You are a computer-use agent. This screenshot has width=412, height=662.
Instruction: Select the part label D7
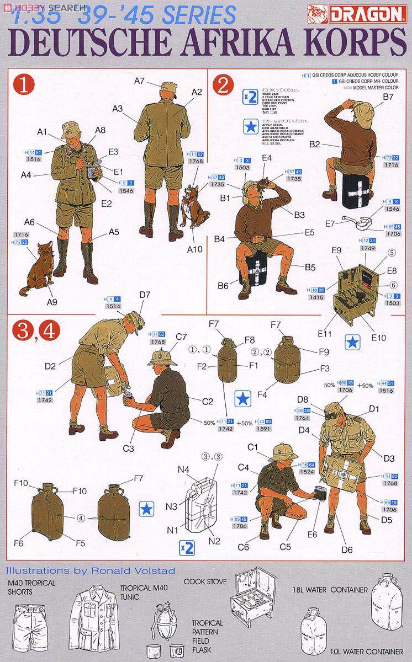click(145, 295)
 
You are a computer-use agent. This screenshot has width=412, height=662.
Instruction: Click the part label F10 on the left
click(21, 483)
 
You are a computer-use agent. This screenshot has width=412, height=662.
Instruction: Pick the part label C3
click(128, 449)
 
